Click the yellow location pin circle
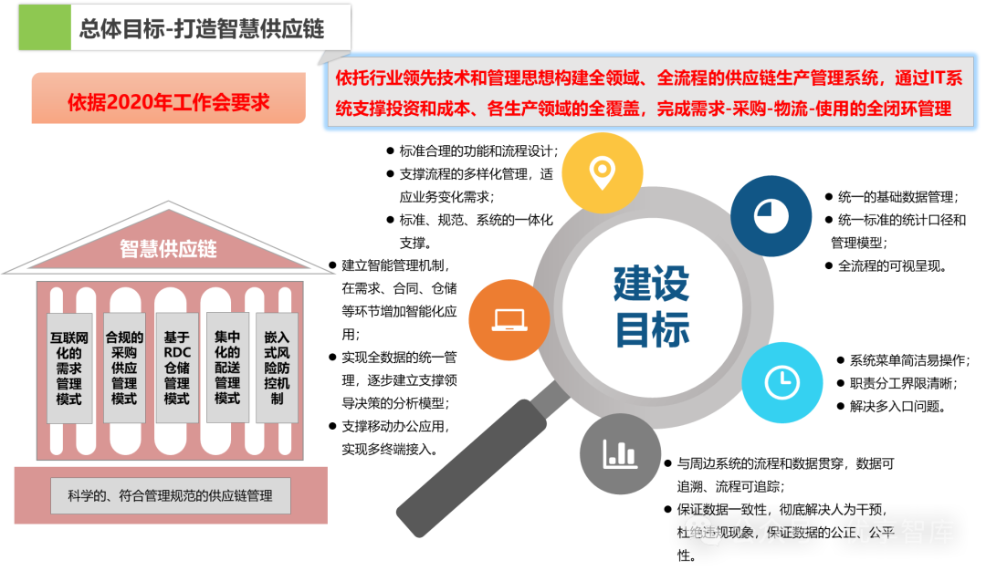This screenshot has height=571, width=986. pyautogui.click(x=602, y=172)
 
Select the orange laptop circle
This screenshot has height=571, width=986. pyautogui.click(x=509, y=320)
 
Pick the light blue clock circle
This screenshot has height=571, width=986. pyautogui.click(x=781, y=382)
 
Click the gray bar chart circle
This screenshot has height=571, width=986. pyautogui.click(x=620, y=453)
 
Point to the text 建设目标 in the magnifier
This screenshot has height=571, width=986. pyautogui.click(x=651, y=307)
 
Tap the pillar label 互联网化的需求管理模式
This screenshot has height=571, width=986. pyautogui.click(x=69, y=368)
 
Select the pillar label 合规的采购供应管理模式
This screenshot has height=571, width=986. pyautogui.click(x=124, y=368)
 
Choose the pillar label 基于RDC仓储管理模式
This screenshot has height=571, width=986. pyautogui.click(x=176, y=368)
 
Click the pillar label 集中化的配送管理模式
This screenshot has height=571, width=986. pyautogui.click(x=227, y=368)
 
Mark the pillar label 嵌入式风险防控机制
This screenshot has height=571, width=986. pyautogui.click(x=277, y=368)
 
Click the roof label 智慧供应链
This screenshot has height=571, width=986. pyautogui.click(x=169, y=248)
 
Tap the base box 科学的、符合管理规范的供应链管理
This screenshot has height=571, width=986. pyautogui.click(x=170, y=496)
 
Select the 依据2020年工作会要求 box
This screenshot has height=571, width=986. pyautogui.click(x=168, y=101)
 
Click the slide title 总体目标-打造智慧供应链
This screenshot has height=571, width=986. pyautogui.click(x=202, y=29)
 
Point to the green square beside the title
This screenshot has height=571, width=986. pyautogui.click(x=44, y=28)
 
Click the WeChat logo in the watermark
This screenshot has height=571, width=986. pyautogui.click(x=704, y=533)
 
